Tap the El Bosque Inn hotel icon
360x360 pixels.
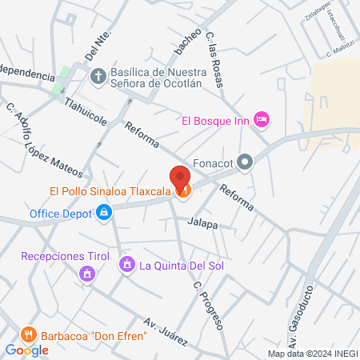(261, 120)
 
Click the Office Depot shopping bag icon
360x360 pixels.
(103, 214)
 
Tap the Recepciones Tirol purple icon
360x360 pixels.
(86, 275)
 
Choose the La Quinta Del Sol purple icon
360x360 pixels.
(126, 265)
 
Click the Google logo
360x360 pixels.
(26, 350)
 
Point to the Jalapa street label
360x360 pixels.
(204, 225)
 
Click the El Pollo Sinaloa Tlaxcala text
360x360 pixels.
(107, 191)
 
